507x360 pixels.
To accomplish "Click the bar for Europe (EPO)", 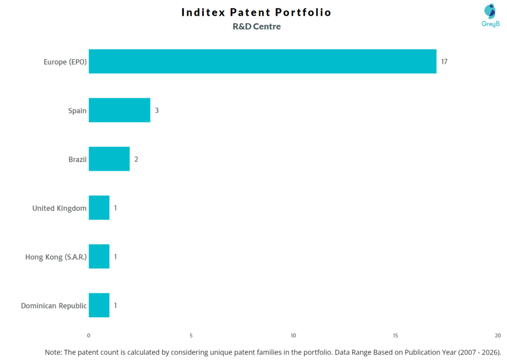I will point(262,61).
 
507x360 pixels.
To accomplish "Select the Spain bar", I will point(119,110).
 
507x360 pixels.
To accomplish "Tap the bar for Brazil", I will point(109,159).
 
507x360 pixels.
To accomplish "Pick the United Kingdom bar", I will point(99,208).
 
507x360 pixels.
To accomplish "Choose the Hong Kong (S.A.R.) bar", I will point(99,257).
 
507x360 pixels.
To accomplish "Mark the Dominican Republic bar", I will point(99,306).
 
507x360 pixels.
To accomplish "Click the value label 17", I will point(444,62).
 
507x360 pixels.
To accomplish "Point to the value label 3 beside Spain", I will point(156,110).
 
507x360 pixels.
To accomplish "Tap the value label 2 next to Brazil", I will point(136,159).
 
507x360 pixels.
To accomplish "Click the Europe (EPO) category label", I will point(65,62).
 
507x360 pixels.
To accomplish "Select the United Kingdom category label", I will point(59,208).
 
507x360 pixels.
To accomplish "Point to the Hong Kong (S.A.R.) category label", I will point(56,257).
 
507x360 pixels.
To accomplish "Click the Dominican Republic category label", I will point(53,306).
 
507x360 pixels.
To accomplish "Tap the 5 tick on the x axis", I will point(191,335).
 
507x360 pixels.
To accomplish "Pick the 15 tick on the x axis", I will point(395,335).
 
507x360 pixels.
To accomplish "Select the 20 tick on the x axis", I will point(497,335).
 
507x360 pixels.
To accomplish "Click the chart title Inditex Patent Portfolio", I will point(256,12).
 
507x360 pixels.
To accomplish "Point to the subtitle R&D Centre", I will point(256,27).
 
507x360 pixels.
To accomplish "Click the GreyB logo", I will point(490,15).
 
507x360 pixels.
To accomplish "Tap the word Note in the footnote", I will point(53,352).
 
